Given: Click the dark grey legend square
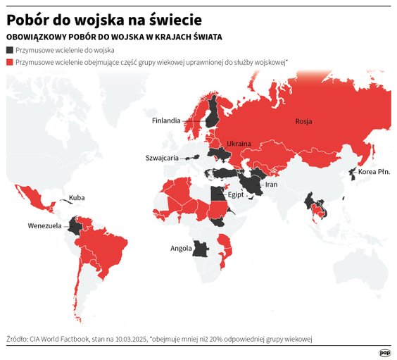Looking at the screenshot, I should click(x=9, y=51).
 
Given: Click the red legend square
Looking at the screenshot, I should click(x=9, y=62).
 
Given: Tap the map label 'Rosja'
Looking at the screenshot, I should click(x=303, y=122).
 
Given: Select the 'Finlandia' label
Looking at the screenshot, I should click(x=167, y=120).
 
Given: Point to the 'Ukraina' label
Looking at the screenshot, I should click(x=238, y=144).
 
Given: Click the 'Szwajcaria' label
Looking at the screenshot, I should click(x=162, y=158).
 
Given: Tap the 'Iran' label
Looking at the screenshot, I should click(x=272, y=185).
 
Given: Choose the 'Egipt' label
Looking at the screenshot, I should click(x=236, y=195).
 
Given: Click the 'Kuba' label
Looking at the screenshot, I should click(x=77, y=198).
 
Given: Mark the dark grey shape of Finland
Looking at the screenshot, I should click(x=213, y=113).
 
